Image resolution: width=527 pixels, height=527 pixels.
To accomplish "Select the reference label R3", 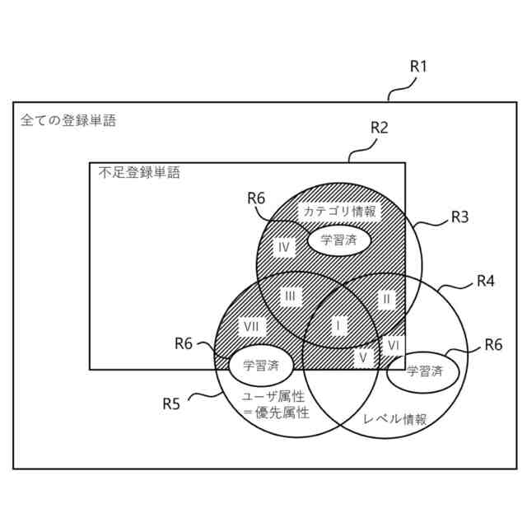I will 459,217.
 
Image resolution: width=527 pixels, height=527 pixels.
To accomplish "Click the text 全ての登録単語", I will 68,121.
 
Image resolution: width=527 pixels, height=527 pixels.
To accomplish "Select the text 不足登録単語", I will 138,173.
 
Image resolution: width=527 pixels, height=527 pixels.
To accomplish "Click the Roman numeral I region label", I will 337,326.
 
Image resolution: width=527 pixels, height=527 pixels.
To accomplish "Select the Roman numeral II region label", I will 385,298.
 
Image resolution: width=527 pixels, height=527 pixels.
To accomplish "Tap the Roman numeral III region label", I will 290,296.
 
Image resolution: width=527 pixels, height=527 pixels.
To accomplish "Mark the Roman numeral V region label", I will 362,357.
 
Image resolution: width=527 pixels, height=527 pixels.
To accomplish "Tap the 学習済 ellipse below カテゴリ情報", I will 339,240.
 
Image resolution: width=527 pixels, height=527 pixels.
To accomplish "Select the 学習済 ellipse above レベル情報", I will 425,371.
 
